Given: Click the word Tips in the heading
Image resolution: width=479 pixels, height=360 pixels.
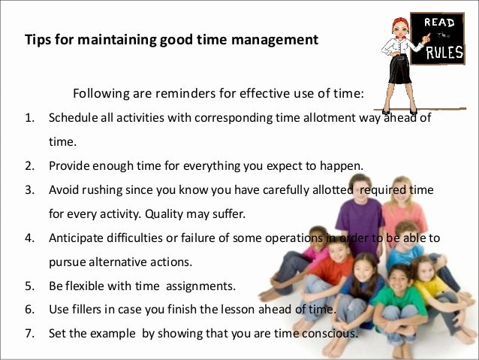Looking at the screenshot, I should (x=38, y=38).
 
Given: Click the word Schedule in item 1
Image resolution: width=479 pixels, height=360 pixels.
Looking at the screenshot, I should (x=72, y=118).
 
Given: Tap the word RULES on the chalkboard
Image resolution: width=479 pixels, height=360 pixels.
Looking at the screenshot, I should (x=444, y=54).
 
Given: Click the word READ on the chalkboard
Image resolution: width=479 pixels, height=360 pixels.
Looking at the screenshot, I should (x=440, y=23).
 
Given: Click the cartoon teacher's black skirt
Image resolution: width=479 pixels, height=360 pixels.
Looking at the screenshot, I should (x=398, y=71).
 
